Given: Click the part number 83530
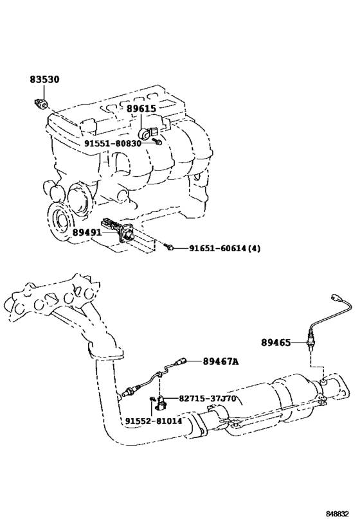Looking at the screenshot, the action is pos(44,80).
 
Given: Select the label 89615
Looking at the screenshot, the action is pos(141,109).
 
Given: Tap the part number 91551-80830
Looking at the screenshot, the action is pos(113,144).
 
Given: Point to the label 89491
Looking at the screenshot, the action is pos(87,232).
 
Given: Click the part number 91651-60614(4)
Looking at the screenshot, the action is pos(224,249).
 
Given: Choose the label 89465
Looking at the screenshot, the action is pos(276,342).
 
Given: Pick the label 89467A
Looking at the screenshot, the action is pos(221,362).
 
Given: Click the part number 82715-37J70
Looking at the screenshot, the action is pos(207,399).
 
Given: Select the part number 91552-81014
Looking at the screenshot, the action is pos(154,421).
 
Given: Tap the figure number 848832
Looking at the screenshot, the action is pos(337,514).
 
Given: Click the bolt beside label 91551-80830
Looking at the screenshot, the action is pos(157,141).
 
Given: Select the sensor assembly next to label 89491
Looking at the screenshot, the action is pos(119,230).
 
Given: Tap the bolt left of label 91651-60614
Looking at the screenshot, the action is pos(170,247).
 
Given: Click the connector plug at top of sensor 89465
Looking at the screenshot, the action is pos(336,297).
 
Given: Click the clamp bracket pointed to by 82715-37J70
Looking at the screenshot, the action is pos(161,403).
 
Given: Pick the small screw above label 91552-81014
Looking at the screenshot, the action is pos(152,399).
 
